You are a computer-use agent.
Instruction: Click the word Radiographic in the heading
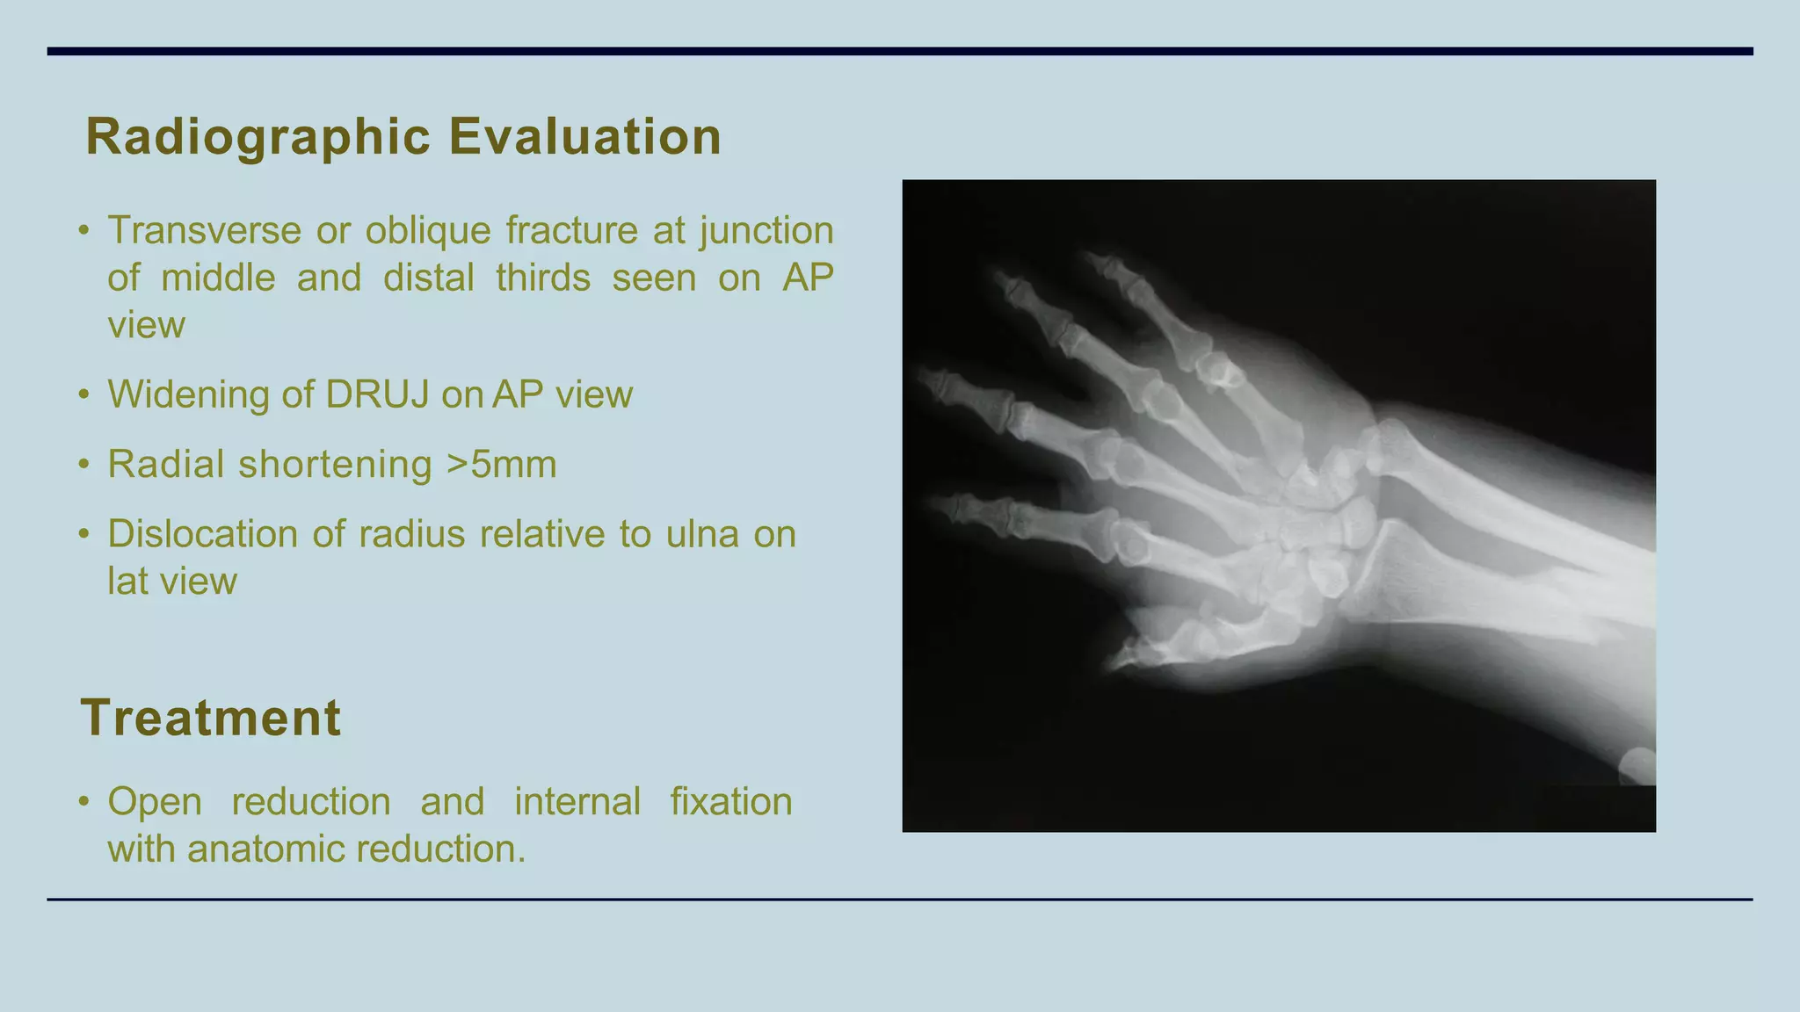click(258, 138)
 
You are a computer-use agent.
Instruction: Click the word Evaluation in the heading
click(584, 138)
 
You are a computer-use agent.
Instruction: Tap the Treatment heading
click(210, 718)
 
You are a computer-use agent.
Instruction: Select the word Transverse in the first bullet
click(205, 231)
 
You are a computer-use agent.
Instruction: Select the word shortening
click(335, 465)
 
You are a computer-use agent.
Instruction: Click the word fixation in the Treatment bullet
click(730, 802)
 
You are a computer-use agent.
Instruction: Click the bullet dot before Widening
click(83, 394)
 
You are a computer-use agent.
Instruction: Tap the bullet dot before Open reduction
click(83, 802)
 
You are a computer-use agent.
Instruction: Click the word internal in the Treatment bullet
click(577, 802)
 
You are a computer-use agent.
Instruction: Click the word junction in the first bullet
click(766, 231)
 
